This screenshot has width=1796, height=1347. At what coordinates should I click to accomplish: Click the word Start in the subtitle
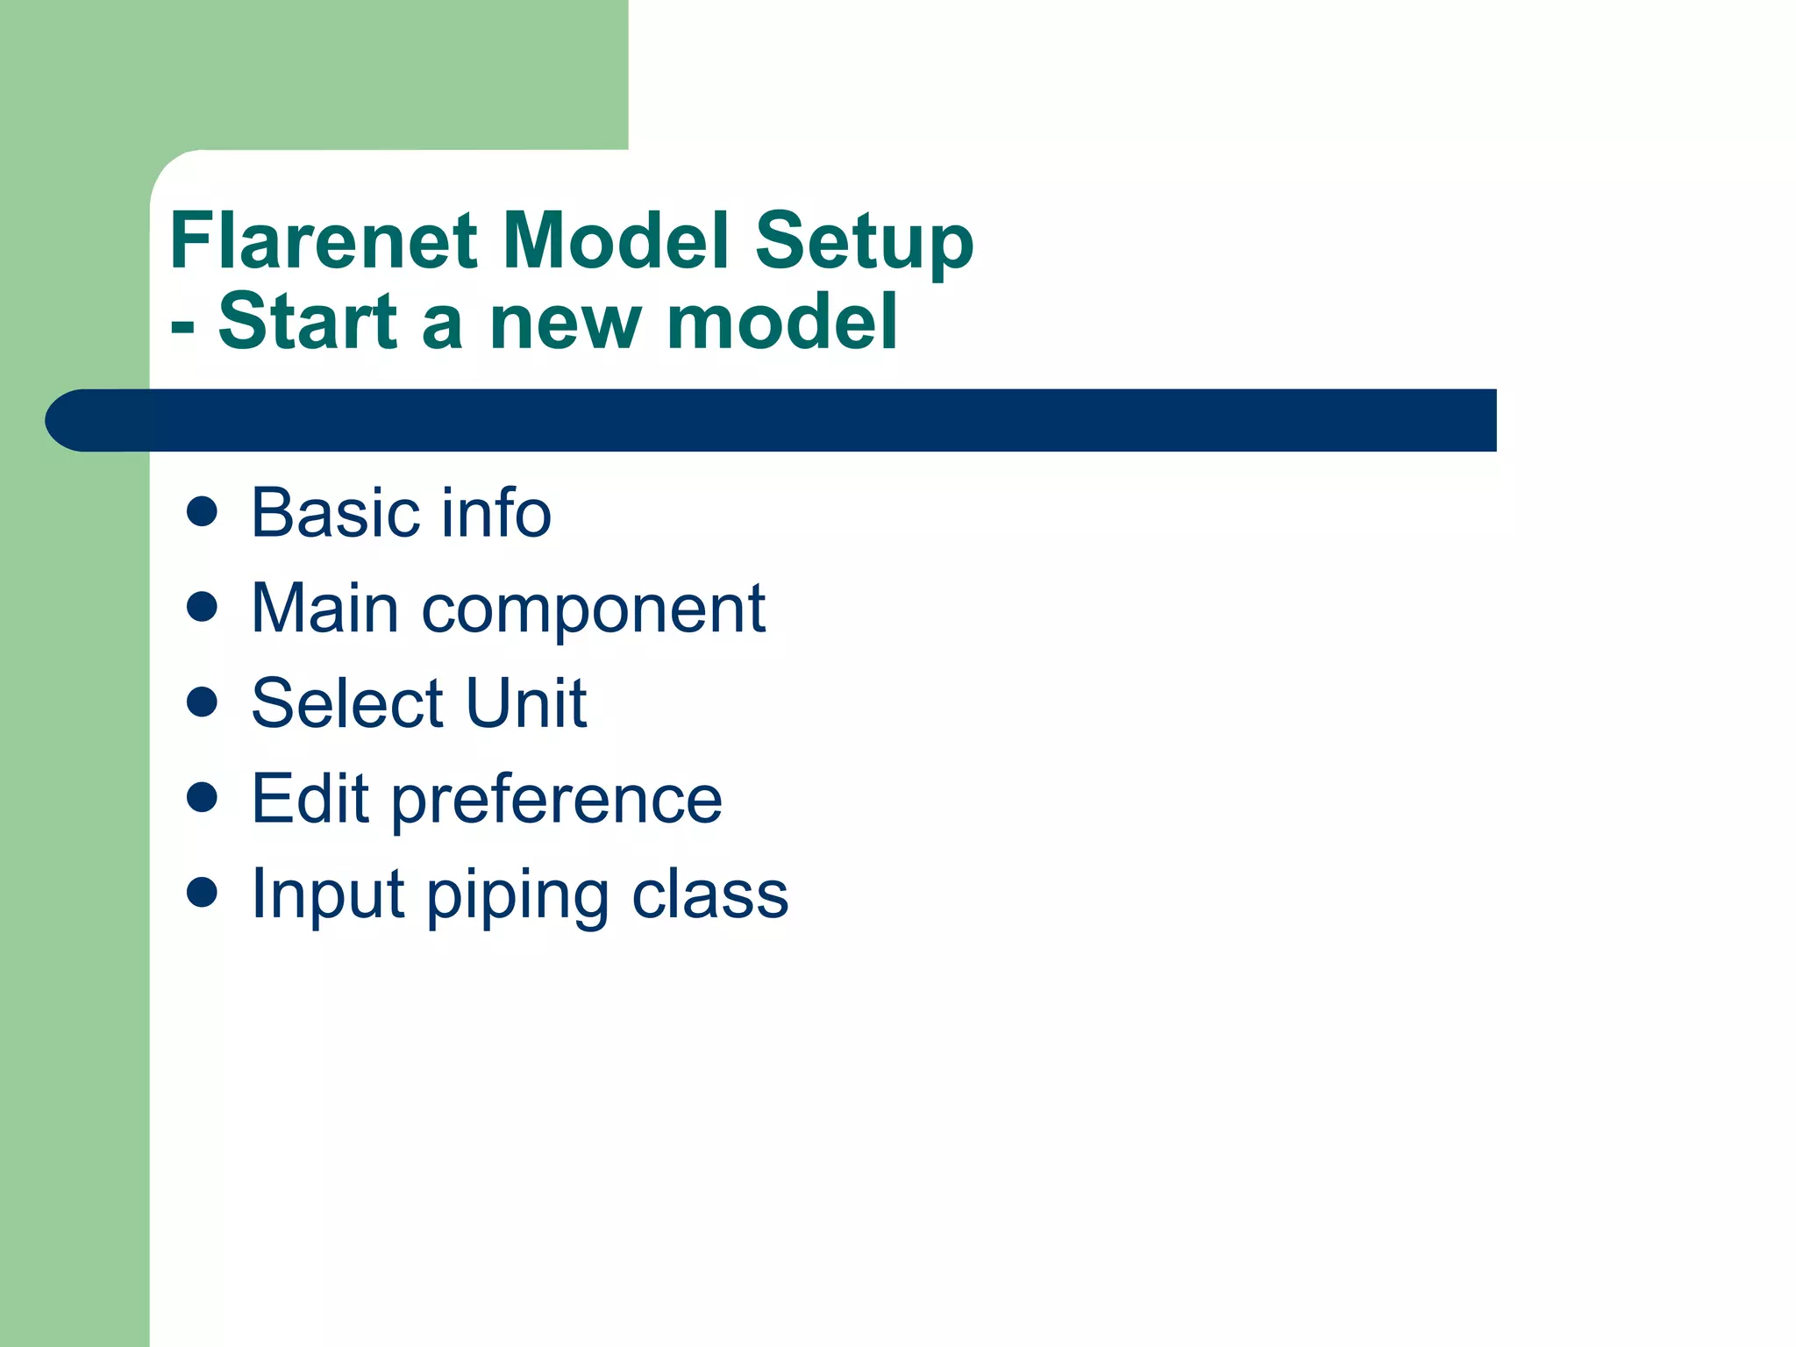click(x=309, y=322)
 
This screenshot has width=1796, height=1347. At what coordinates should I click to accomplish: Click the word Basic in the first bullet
click(x=337, y=513)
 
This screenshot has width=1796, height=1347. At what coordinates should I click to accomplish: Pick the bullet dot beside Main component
click(x=203, y=607)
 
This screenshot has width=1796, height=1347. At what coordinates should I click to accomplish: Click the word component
click(x=593, y=610)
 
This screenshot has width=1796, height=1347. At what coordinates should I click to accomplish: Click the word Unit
click(x=525, y=703)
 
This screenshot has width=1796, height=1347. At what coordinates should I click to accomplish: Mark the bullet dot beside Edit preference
click(x=203, y=797)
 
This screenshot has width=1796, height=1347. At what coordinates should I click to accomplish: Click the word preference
click(x=556, y=802)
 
